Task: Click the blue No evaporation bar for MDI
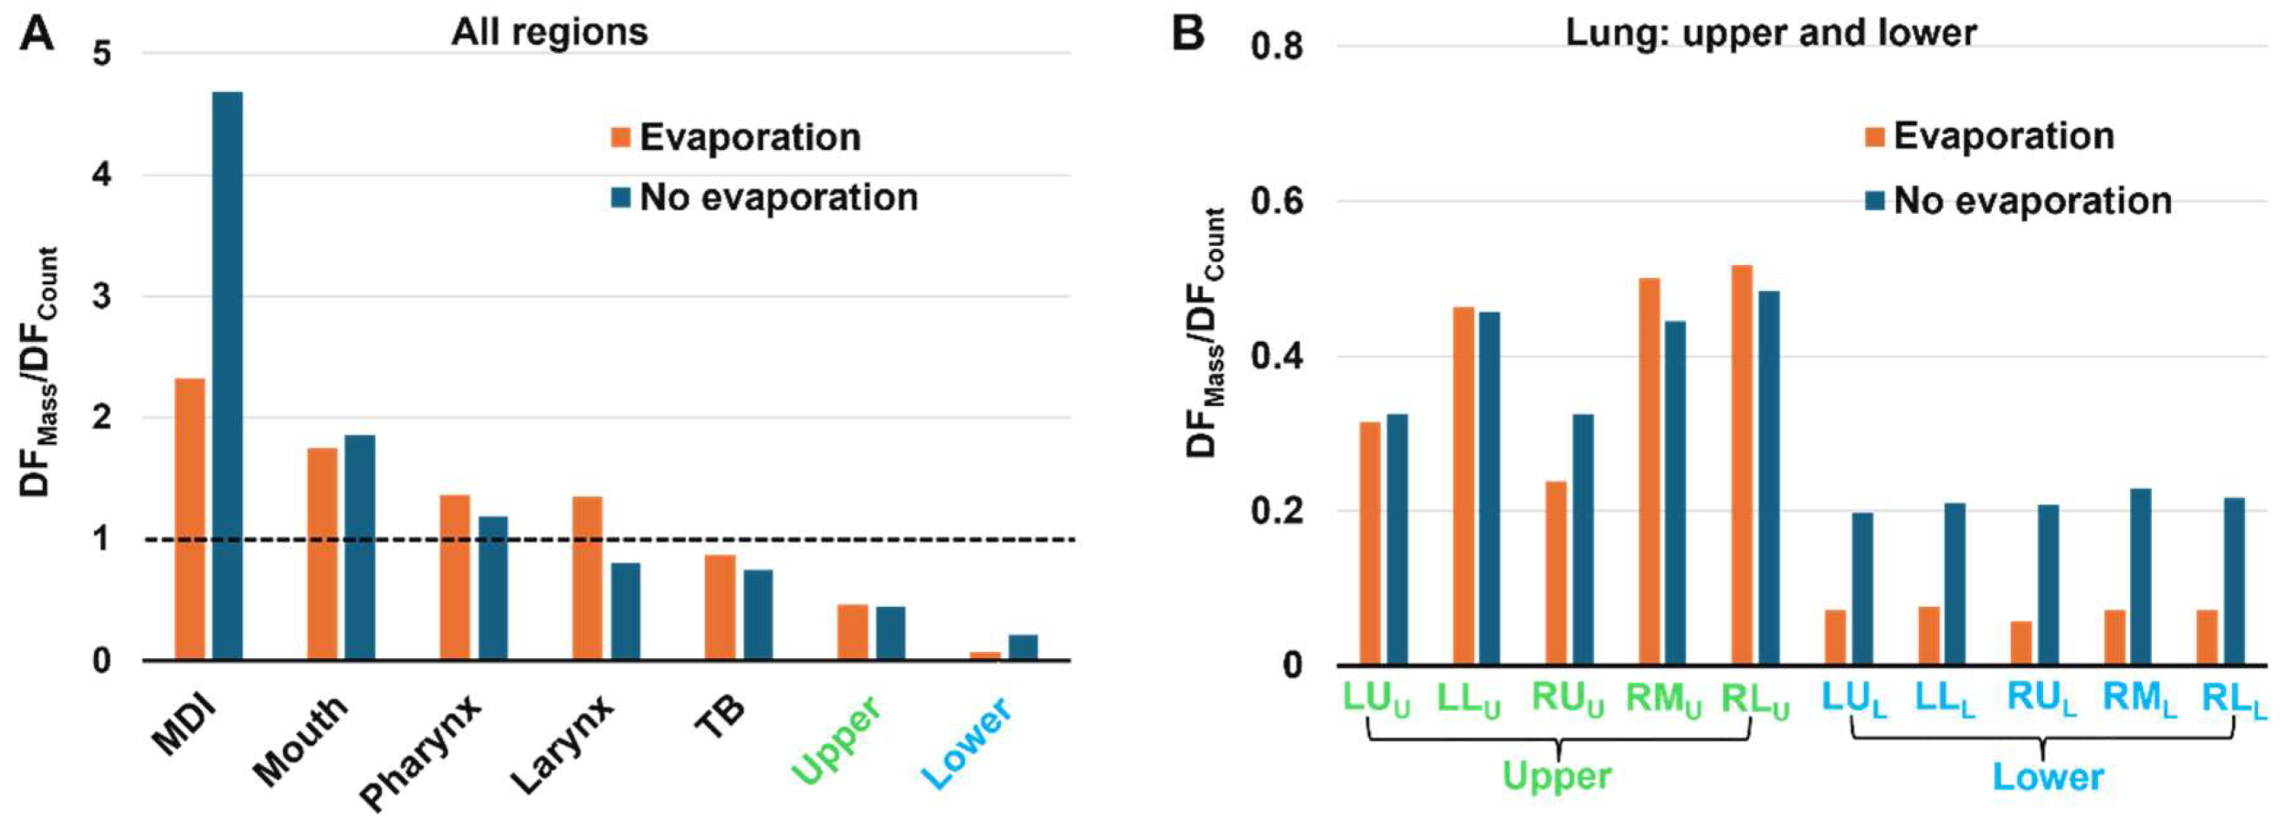click(227, 375)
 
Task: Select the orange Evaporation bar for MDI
click(190, 518)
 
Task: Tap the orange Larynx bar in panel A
click(587, 578)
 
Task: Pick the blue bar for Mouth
click(359, 547)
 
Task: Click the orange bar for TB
click(720, 607)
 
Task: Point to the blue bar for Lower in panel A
click(1023, 647)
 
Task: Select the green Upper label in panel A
click(836, 740)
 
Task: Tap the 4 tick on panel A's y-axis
click(102, 175)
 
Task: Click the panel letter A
click(37, 35)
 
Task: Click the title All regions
click(549, 32)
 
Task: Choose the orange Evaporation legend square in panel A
click(621, 138)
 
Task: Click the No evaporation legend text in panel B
click(2032, 201)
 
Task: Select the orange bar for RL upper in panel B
click(1742, 464)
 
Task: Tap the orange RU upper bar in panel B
click(1555, 572)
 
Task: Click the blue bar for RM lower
click(2140, 576)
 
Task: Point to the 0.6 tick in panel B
click(1277, 201)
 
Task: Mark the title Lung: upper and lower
click(1770, 33)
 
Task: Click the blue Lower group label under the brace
click(2047, 777)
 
